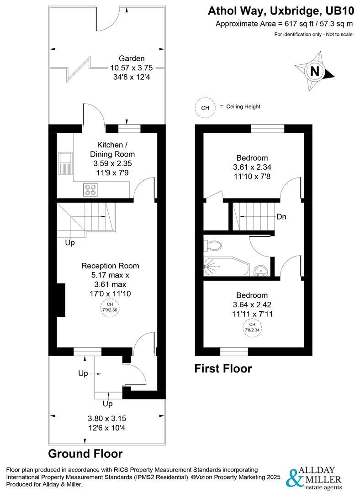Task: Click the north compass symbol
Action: click(x=315, y=72)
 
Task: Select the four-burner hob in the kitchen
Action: click(x=90, y=189)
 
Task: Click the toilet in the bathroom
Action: click(x=214, y=246)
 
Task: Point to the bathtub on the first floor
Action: click(x=227, y=267)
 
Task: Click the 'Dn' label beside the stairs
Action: click(x=281, y=217)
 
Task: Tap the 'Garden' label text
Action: click(x=132, y=58)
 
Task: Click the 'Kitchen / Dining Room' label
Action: click(x=112, y=150)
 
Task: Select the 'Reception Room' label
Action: click(x=110, y=266)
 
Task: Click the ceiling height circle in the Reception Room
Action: click(x=110, y=307)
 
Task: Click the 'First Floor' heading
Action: click(x=223, y=368)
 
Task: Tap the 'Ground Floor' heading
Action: click(x=85, y=454)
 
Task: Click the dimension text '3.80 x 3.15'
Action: click(x=106, y=418)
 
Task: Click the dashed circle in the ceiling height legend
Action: click(x=205, y=108)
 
